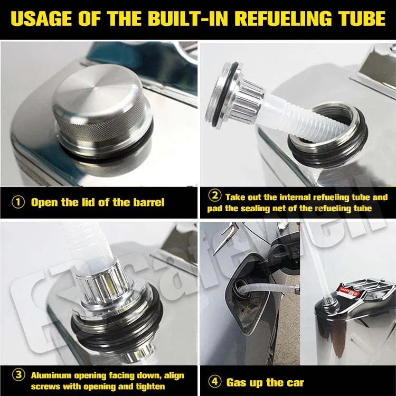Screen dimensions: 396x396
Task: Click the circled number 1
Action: tap(18, 202)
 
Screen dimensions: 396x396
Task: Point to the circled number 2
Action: tap(215, 196)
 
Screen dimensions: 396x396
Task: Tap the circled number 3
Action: tap(18, 375)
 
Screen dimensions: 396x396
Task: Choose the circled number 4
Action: tap(215, 382)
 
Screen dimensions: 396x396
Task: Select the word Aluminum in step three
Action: tap(51, 375)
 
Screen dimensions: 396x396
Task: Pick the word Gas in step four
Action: tap(237, 382)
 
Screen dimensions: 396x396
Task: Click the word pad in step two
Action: tap(215, 209)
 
